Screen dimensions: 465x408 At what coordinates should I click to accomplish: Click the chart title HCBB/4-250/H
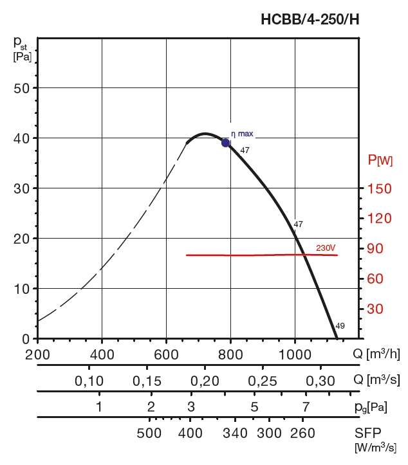click(x=310, y=19)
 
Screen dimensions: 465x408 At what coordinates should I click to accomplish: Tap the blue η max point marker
click(x=226, y=143)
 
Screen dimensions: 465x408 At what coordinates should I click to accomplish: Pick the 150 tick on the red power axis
click(x=380, y=188)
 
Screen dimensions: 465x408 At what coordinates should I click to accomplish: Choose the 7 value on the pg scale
click(x=306, y=406)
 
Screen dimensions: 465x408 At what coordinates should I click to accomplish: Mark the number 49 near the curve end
click(x=340, y=326)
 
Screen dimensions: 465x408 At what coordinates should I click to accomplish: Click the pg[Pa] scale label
click(x=369, y=407)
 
